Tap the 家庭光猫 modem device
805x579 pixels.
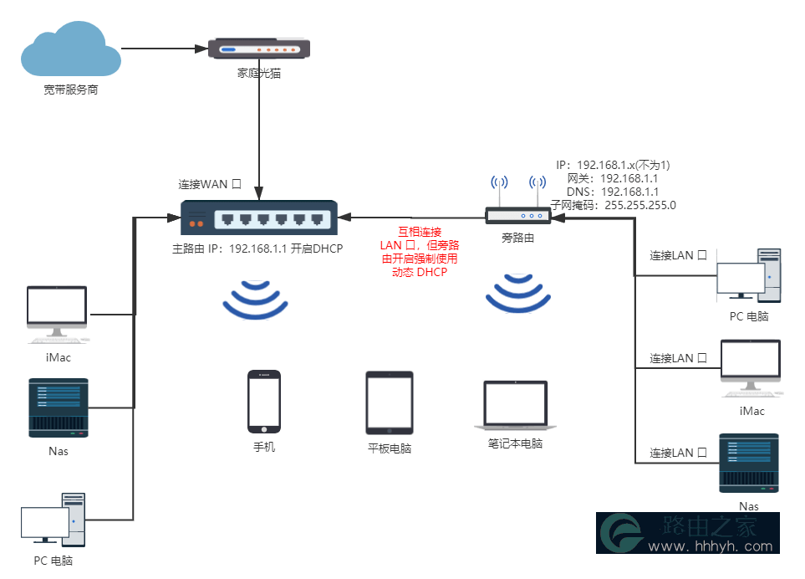[x=259, y=49]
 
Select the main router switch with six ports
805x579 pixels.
[x=259, y=218]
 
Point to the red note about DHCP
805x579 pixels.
[x=420, y=252]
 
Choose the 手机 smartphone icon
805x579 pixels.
[x=264, y=402]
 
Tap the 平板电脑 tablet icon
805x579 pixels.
[x=390, y=402]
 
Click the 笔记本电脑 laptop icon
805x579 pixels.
[x=516, y=405]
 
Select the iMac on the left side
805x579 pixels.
[x=58, y=315]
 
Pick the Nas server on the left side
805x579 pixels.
[x=59, y=408]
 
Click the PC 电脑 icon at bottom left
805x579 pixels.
[x=53, y=520]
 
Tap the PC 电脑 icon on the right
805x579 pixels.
[x=749, y=275]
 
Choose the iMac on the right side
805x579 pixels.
[x=752, y=368]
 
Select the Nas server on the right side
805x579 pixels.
[x=749, y=463]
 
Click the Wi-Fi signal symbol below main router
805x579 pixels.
[x=255, y=300]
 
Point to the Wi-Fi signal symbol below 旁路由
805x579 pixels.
[x=518, y=294]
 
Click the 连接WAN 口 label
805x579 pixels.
[x=210, y=184]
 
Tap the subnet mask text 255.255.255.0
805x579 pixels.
[x=640, y=205]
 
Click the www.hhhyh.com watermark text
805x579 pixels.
[x=711, y=546]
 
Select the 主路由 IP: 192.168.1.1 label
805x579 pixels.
[x=230, y=249]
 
